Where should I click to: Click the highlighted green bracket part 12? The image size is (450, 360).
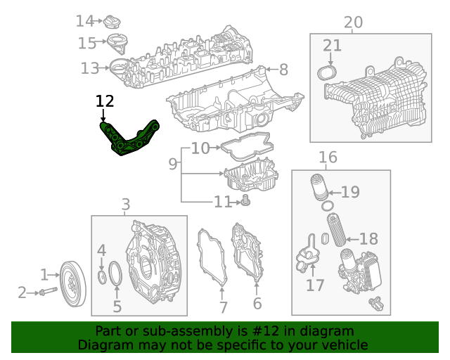click(130, 139)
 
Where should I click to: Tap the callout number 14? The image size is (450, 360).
click(84, 21)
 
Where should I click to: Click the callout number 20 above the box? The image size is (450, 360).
click(353, 22)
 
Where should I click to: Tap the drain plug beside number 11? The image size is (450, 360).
click(245, 202)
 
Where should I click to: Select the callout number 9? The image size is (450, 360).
click(173, 165)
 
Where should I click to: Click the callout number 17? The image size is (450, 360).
click(315, 285)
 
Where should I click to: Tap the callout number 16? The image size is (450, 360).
click(328, 157)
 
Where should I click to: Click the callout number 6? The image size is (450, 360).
click(257, 304)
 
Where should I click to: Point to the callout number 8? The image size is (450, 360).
click(283, 70)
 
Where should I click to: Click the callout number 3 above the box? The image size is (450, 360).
click(126, 205)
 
